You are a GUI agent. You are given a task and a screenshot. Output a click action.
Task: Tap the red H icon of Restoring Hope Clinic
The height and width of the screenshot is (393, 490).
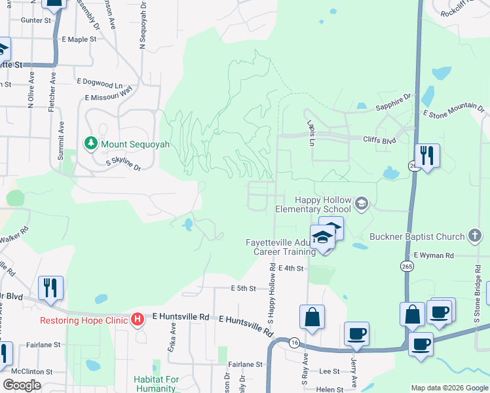(138, 320)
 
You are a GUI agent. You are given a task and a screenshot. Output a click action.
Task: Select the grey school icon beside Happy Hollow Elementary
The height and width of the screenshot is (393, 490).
(360, 204)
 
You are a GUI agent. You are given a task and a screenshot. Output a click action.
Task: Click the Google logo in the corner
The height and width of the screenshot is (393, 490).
(21, 385)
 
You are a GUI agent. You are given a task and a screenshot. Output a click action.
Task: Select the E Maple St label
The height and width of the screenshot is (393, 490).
(79, 39)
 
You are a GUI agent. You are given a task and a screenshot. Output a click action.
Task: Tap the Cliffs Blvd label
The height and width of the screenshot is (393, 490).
(380, 140)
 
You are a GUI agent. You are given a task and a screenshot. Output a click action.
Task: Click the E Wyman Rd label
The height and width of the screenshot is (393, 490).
(433, 255)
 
